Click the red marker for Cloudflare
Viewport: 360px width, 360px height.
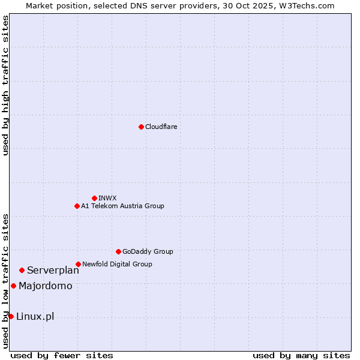coord(141,127)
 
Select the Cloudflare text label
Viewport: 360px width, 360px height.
coord(161,127)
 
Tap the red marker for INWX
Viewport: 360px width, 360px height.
coord(94,198)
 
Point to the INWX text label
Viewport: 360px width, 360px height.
coord(108,198)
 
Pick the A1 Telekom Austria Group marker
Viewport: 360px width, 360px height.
coord(77,206)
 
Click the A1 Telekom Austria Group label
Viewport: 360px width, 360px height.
coord(122,206)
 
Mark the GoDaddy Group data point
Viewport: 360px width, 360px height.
coord(118,251)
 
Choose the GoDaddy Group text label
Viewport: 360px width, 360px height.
coord(148,251)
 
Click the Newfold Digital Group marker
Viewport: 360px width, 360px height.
coord(78,264)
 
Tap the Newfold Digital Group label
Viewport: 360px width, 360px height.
coord(117,264)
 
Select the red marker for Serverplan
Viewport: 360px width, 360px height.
coord(22,270)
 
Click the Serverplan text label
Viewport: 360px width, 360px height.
coord(53,271)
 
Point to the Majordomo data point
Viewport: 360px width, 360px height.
coord(13,286)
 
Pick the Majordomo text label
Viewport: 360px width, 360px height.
coord(45,286)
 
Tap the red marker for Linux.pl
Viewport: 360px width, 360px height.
coord(11,316)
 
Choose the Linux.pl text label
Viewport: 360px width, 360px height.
coord(35,317)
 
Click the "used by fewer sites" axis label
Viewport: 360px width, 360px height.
coord(62,355)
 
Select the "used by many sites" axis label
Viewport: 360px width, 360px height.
coord(301,355)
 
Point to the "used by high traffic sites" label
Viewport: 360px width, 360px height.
coord(5,85)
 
